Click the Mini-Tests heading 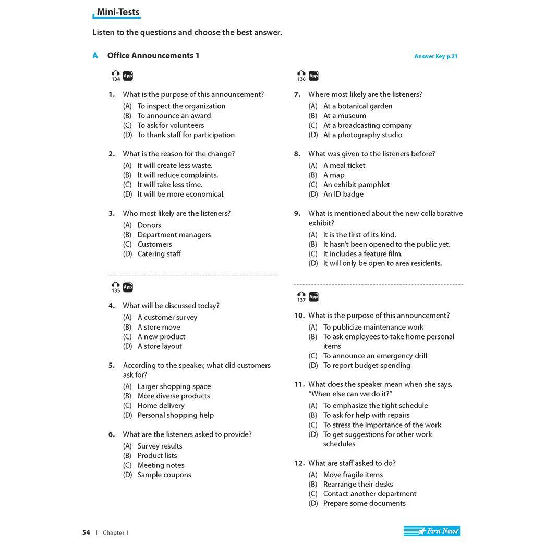point(118,13)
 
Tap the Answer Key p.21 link point(435,56)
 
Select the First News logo point(431,531)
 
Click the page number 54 point(86,532)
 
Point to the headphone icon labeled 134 point(115,75)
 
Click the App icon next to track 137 point(313,297)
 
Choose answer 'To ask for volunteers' point(171,125)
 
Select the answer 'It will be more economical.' point(180,194)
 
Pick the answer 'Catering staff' point(159,254)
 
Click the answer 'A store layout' point(160,346)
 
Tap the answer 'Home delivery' point(161,406)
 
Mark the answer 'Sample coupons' point(164,475)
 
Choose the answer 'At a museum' point(344,116)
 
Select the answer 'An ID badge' point(343,194)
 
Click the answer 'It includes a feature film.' point(362,254)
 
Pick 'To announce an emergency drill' point(374,356)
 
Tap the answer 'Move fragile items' point(353,475)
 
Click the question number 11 point(299,384)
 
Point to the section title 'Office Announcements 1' point(153,56)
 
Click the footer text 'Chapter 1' point(116,532)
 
